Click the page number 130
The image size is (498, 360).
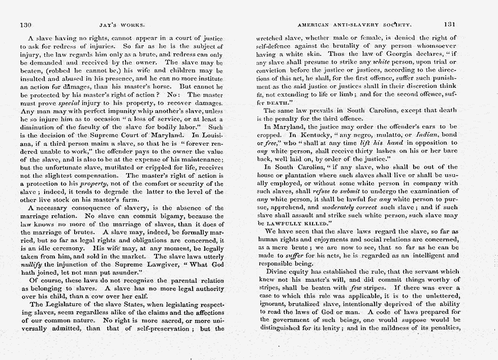(x=26, y=24)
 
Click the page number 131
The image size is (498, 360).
(x=450, y=24)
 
